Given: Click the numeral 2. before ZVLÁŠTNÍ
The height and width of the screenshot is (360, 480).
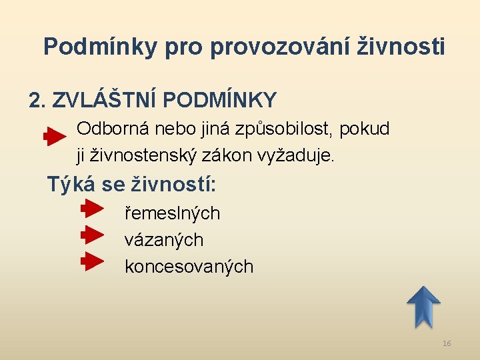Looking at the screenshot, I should coord(37,100).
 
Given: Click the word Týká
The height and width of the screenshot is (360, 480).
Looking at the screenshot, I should coord(67,184).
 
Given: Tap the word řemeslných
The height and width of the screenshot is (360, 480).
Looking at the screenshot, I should coord(172,213).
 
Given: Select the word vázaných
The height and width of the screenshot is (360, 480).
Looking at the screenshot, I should coord(163,239).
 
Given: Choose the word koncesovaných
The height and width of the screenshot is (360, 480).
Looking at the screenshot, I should coord(189,267).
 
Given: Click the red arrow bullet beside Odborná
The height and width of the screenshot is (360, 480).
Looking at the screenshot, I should coord(55,137).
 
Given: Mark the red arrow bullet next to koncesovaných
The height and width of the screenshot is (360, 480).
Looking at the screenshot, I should coord(93,261).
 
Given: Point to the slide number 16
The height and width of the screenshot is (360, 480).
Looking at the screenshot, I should coord(447,343).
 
